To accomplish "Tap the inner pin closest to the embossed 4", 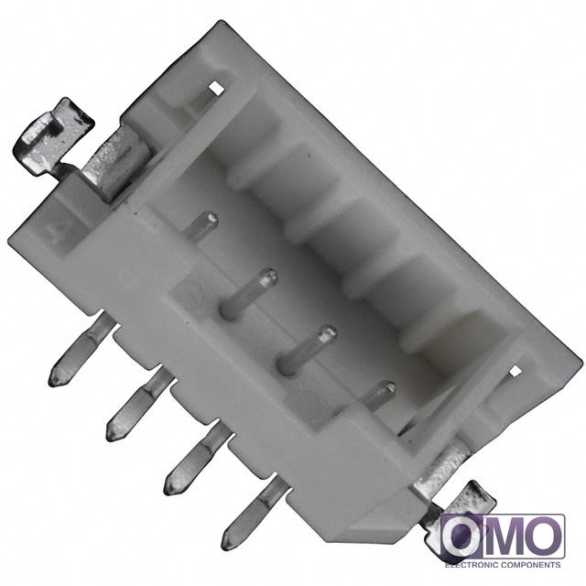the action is [x=201, y=225].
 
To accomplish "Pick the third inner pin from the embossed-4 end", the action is [x=307, y=349].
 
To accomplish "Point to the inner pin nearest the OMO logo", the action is [x=377, y=396].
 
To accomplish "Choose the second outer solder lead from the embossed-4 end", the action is [x=140, y=406].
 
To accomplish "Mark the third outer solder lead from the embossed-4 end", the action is [x=197, y=461].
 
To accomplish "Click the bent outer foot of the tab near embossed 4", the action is [x=51, y=136].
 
